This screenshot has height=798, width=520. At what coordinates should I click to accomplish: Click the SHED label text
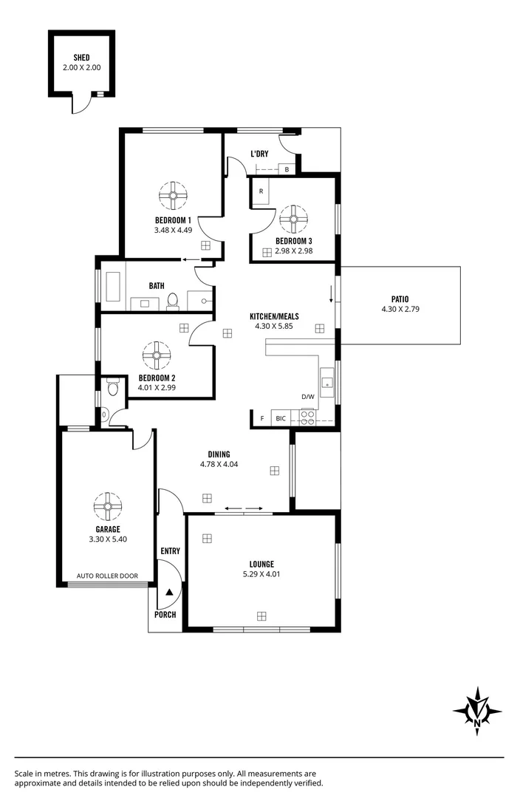82,58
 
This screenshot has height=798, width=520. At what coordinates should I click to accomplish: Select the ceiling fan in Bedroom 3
293,219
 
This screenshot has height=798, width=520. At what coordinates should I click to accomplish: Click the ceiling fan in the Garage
107,506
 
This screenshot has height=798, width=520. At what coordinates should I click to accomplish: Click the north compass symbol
477,711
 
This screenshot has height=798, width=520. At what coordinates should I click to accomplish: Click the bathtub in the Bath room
112,287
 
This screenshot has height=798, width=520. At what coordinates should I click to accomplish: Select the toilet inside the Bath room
173,300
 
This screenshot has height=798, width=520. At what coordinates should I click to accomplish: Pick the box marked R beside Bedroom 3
261,191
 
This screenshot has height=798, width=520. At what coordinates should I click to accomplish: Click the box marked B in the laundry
287,169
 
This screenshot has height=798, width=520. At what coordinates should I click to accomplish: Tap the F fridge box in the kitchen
261,419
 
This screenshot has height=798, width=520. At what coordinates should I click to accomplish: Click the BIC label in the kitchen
281,419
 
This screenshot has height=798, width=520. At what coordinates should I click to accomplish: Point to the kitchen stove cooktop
306,418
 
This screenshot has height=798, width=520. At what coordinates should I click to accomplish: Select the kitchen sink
326,382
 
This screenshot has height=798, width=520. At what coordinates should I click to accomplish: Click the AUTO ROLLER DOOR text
108,576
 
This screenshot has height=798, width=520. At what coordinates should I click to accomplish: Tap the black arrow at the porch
169,592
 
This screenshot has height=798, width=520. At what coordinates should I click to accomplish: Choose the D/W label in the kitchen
307,397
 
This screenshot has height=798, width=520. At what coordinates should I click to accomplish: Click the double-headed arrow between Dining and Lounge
243,508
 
